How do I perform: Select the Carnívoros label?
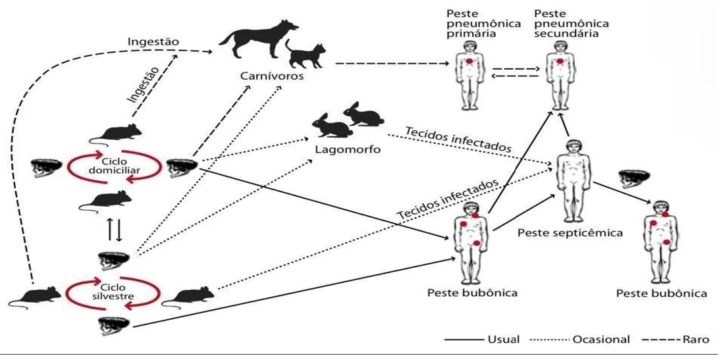tap(272, 76)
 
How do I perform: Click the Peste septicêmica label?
tap(570, 232)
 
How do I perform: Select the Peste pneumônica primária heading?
tap(481, 24)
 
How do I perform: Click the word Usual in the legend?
tap(502, 340)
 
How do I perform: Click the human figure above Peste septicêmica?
tap(572, 180)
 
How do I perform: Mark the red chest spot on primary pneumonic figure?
tap(469, 62)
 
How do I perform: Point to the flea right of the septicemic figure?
tap(633, 178)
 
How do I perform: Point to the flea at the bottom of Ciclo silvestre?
tap(113, 326)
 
